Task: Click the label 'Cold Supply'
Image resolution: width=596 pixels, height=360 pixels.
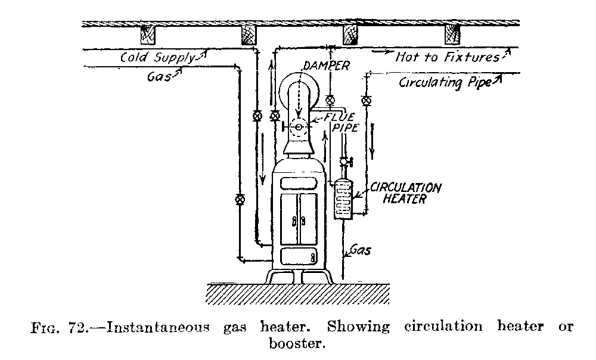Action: coord(157,58)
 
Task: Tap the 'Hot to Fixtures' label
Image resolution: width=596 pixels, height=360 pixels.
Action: coord(447,57)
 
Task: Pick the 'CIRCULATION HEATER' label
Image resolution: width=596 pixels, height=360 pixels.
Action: coord(405,193)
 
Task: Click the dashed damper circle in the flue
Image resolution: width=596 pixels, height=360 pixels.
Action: coord(299,126)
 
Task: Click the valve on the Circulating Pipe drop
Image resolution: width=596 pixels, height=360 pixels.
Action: coord(367,100)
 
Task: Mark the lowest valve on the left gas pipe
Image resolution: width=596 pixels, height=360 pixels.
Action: coord(240,199)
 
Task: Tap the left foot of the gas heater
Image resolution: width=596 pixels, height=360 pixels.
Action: coord(276,277)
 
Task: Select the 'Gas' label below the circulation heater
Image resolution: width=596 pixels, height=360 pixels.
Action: coord(360,250)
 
